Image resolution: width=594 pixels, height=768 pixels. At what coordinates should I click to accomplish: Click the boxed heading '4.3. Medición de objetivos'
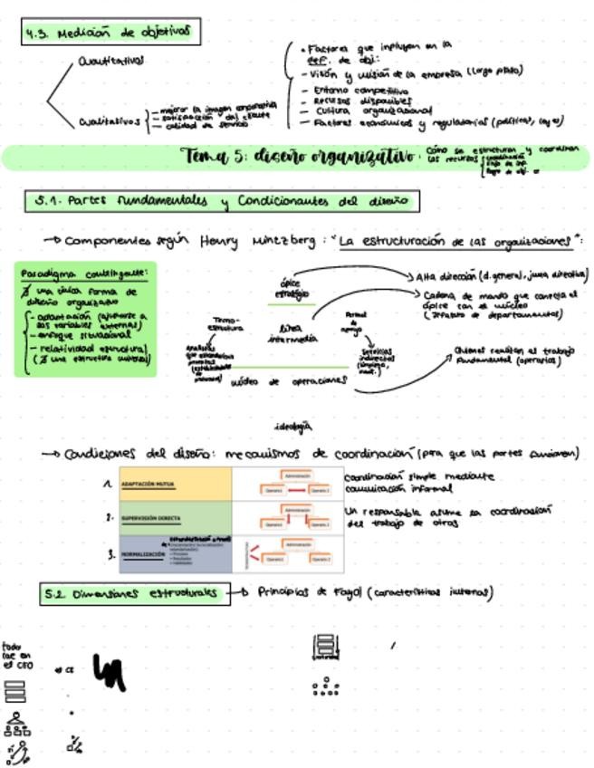coord(110,33)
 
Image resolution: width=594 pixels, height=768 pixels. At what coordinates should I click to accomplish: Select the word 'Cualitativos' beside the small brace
coord(109,120)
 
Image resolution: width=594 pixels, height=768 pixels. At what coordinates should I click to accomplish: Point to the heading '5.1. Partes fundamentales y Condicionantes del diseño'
coord(222,200)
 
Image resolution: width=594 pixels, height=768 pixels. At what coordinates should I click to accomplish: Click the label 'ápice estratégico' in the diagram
coord(292,288)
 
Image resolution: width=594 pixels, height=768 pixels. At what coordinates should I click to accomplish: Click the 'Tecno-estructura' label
coord(225,323)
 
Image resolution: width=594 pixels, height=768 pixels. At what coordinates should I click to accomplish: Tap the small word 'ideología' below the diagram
coord(292,425)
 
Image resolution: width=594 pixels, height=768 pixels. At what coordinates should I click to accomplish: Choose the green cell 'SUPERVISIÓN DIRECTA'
coord(150,519)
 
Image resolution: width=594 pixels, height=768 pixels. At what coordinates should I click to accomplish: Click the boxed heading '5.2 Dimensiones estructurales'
coord(135,593)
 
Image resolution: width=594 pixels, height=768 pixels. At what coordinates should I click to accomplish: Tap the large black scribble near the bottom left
coord(109,672)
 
